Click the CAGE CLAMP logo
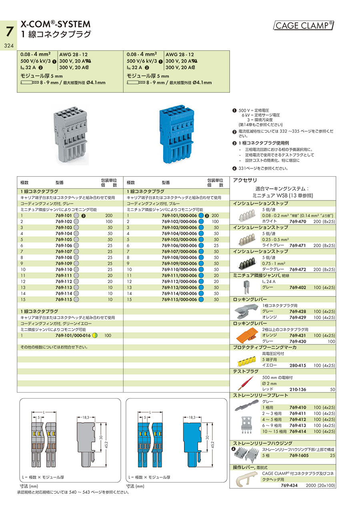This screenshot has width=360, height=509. click(x=304, y=26)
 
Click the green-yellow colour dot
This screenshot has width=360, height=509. click(x=95, y=335)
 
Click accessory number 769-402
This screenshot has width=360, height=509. click(x=298, y=287)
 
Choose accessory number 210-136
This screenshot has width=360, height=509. click(x=298, y=389)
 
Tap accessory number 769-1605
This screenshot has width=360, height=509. click(x=298, y=455)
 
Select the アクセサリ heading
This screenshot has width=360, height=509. click(x=242, y=180)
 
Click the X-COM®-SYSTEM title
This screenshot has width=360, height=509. click(x=56, y=24)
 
